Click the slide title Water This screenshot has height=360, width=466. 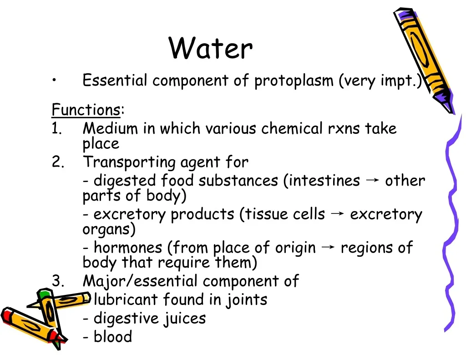(210, 48)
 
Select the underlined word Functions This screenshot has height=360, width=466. (86, 110)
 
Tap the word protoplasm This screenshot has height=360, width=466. (294, 81)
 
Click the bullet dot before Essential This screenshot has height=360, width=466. (54, 80)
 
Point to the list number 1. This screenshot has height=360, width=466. (56, 128)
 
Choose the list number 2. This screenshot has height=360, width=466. (58, 162)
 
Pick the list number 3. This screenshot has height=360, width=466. (58, 281)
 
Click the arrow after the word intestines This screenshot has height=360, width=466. (372, 180)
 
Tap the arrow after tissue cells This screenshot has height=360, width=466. (337, 213)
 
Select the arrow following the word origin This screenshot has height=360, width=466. (328, 247)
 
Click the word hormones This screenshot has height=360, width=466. (128, 247)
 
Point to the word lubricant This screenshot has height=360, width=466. (126, 299)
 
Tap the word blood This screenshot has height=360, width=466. (113, 336)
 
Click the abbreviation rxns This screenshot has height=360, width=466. (344, 129)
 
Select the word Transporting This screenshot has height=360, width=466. (129, 162)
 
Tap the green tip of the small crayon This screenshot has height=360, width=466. (44, 294)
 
